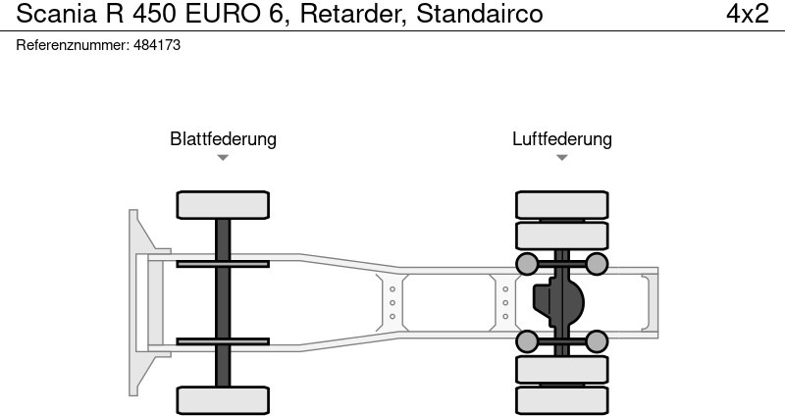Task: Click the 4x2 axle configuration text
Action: click(x=747, y=15)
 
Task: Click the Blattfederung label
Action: click(x=223, y=138)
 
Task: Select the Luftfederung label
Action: click(x=561, y=138)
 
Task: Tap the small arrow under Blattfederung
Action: click(x=223, y=158)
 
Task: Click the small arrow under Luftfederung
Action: click(x=561, y=158)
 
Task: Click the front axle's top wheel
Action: click(x=223, y=204)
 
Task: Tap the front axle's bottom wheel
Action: click(x=223, y=399)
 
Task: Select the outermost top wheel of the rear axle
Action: click(x=561, y=204)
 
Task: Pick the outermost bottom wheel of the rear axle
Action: click(x=561, y=399)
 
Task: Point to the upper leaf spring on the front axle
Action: click(x=223, y=263)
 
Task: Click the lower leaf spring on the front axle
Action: click(x=223, y=341)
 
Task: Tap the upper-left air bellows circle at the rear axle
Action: click(x=527, y=263)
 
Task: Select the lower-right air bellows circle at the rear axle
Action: click(x=597, y=341)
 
